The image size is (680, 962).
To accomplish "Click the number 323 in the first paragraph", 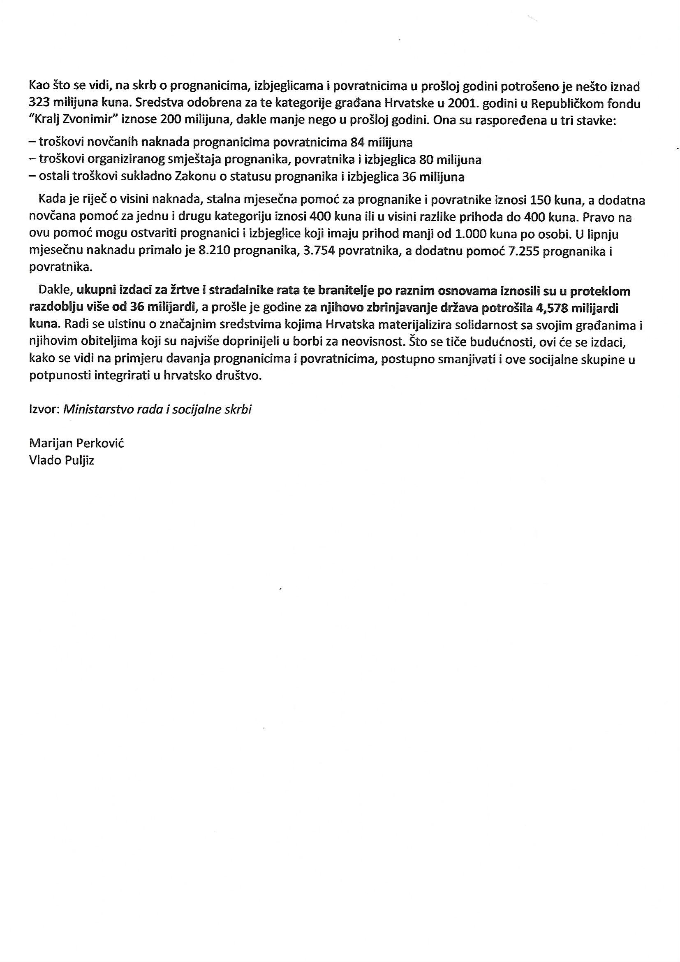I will pyautogui.click(x=39, y=104).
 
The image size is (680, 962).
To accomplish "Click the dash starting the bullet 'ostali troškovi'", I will pyautogui.click(x=32, y=177).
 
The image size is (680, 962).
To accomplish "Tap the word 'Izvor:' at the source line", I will pyautogui.click(x=44, y=409).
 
